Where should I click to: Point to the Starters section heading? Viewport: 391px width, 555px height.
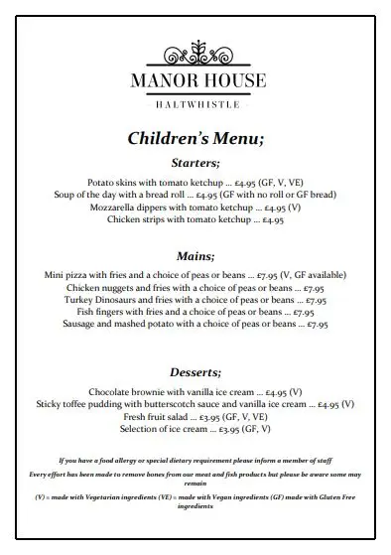195,163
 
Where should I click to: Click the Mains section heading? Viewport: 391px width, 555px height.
195,254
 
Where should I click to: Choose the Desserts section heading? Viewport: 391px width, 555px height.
195,371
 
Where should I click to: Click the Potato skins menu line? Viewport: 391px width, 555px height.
195,184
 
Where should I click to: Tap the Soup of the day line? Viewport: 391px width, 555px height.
195,196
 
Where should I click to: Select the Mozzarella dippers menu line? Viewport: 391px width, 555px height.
195,208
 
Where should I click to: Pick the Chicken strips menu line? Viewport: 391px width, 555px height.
195,219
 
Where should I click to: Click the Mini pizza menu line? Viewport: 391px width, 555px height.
195,274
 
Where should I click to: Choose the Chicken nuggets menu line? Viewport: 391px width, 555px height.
195,286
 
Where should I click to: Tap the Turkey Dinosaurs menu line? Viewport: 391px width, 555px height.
195,298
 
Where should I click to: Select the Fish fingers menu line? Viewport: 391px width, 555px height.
195,311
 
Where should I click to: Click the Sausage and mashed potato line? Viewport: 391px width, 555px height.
195,323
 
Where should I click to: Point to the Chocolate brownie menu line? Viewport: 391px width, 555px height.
195,392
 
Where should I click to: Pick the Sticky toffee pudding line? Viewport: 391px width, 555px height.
195,404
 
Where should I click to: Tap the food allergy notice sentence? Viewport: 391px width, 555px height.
195,461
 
